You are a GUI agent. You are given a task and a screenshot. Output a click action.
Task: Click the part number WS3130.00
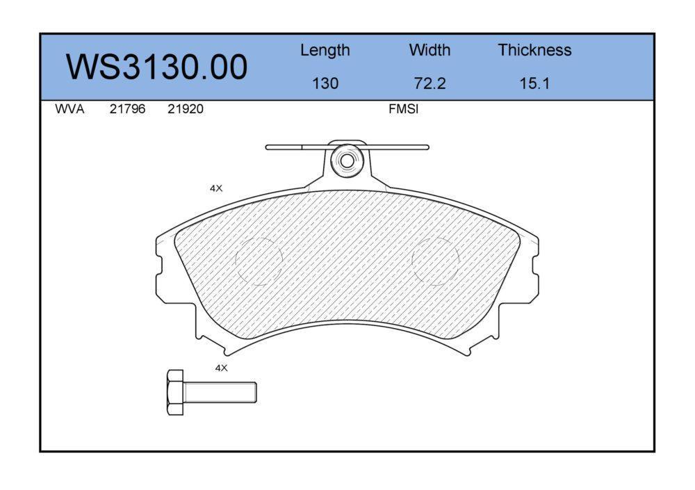[x=156, y=67]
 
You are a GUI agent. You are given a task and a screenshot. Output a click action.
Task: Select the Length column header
[x=325, y=51]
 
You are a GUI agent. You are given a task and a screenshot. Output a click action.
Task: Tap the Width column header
[x=430, y=49]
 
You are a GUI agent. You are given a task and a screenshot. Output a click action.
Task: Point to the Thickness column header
[x=534, y=49]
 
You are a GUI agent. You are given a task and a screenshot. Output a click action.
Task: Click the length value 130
[x=325, y=83]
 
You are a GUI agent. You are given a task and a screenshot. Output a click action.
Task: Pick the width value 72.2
[x=430, y=83]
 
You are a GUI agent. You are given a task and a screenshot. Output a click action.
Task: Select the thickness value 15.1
[x=534, y=83]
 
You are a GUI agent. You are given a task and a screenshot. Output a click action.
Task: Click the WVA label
[x=69, y=109]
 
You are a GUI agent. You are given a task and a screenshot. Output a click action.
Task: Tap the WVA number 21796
[x=127, y=109]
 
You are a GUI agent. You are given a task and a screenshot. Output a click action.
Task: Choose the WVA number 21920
[x=186, y=109]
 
